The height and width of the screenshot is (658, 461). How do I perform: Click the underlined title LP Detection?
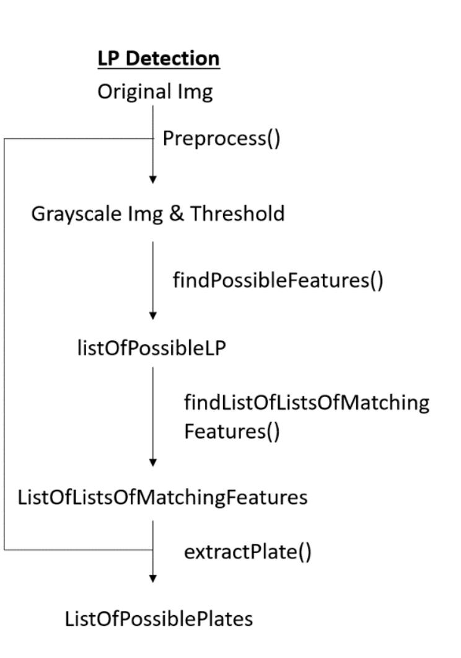[159, 59]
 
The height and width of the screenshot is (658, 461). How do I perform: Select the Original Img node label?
[155, 92]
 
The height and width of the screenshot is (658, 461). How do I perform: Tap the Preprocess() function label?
[221, 139]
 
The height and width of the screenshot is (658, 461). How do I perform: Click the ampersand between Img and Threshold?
[176, 214]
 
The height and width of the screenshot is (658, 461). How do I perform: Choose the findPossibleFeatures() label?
[278, 280]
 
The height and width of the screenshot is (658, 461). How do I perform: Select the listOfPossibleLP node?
[150, 349]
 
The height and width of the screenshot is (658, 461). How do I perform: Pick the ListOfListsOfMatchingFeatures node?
[162, 497]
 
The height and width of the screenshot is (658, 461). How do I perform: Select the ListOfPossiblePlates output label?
[159, 618]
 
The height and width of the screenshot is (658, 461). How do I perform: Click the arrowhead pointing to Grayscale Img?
[153, 180]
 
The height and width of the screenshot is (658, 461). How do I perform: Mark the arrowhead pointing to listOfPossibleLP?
[153, 316]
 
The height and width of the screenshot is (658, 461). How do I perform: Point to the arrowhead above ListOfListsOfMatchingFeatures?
[153, 463]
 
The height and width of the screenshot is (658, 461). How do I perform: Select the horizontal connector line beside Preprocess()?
[77, 139]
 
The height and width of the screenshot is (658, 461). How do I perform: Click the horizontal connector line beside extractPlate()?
[77, 549]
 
